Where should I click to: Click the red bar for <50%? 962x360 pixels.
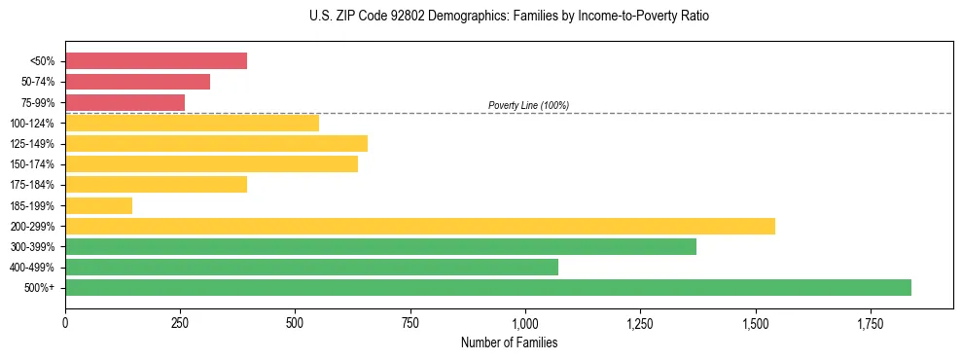(x=156, y=61)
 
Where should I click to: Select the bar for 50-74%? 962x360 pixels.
(x=137, y=82)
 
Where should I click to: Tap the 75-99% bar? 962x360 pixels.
(x=125, y=102)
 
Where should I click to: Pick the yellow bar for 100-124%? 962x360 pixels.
(x=192, y=123)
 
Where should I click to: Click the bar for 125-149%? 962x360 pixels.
(x=216, y=144)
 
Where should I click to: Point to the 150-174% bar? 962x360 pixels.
(x=211, y=164)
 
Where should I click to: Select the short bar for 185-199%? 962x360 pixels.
(x=98, y=205)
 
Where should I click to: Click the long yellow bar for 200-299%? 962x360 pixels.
(x=420, y=226)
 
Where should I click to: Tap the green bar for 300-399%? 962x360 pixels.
(x=380, y=247)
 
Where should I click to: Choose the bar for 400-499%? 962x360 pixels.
(x=311, y=268)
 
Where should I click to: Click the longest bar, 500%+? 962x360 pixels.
(x=488, y=288)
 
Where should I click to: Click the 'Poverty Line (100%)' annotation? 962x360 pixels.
(x=528, y=105)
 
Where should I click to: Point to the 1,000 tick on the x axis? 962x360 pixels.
(x=525, y=322)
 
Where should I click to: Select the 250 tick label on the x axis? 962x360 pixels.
(x=180, y=322)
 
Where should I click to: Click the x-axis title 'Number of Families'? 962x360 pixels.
(x=509, y=342)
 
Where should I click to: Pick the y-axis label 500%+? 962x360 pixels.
(x=40, y=288)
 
